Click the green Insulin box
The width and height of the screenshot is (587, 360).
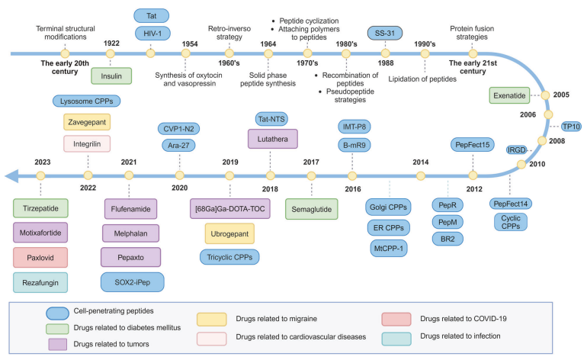[111, 76]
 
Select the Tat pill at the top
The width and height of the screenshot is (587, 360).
[151, 16]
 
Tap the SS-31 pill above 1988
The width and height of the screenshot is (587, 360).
[385, 33]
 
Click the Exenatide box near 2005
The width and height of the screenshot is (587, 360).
[509, 95]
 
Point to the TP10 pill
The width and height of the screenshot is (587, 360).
[571, 127]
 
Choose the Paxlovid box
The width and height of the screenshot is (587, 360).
[40, 257]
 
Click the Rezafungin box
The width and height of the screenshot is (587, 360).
[40, 282]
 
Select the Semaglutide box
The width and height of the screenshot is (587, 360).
[312, 209]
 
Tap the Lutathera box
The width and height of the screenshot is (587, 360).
[273, 139]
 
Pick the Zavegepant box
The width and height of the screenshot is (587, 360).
[87, 122]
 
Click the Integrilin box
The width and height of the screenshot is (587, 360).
[87, 144]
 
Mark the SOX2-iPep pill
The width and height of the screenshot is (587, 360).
[132, 282]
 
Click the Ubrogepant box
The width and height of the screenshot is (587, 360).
[229, 233]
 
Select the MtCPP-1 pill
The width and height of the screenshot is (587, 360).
[389, 249]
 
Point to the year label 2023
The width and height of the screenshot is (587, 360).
[42, 162]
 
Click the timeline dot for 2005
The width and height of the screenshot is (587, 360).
[545, 95]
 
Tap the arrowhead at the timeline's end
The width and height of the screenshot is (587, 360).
[11, 175]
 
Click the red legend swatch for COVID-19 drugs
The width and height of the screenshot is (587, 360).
[396, 319]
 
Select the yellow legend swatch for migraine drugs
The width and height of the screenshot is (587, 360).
[211, 319]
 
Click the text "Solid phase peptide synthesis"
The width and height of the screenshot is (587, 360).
[268, 79]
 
